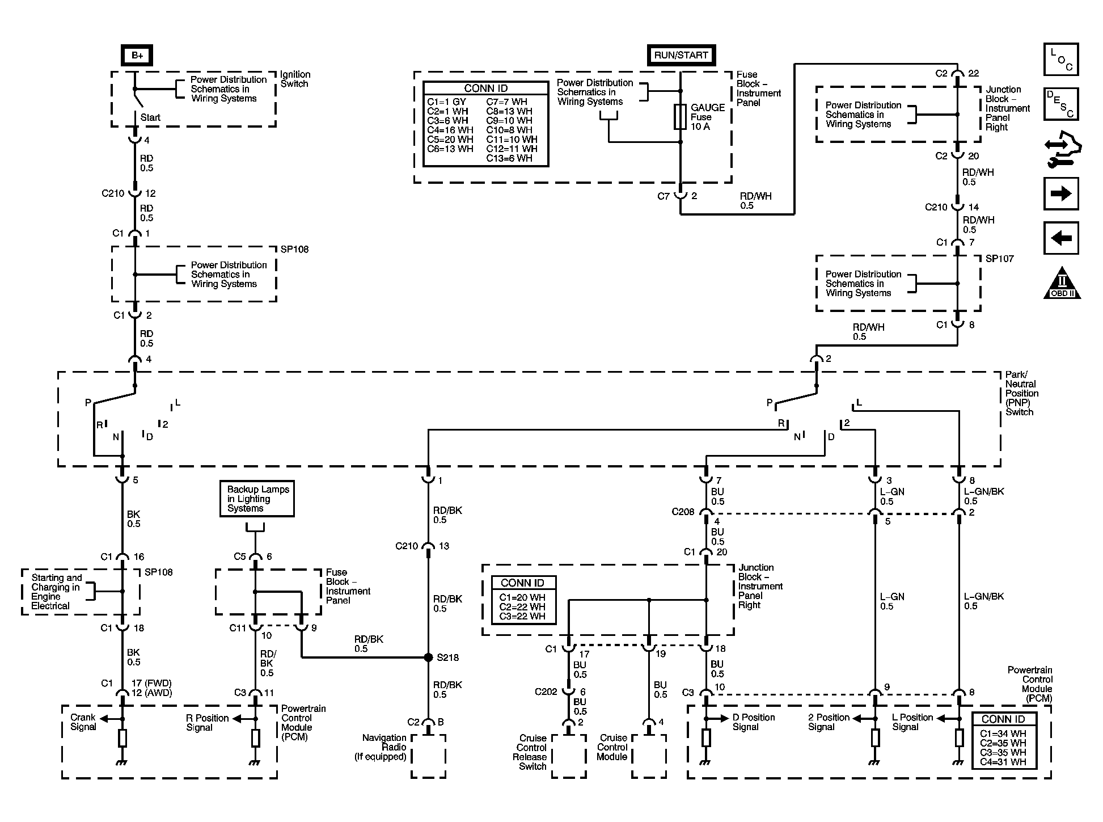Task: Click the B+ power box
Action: pos(137,56)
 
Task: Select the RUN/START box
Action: pos(681,55)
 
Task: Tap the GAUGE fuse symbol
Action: pos(681,117)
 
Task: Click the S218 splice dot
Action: pos(429,657)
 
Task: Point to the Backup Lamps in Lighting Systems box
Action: pos(257,499)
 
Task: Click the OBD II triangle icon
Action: pos(1062,283)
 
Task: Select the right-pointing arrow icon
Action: pos(1061,194)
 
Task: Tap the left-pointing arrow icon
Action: pos(1061,238)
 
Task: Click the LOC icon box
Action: pos(1061,60)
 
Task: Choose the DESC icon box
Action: pos(1061,104)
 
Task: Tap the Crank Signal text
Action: pos(83,722)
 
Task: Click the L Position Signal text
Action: pos(912,722)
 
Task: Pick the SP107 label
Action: pos(1000,259)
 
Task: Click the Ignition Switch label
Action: pos(295,79)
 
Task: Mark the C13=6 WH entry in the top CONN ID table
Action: pos(509,158)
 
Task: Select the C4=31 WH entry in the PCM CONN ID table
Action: pos(1003,762)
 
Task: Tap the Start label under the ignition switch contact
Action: pos(150,117)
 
